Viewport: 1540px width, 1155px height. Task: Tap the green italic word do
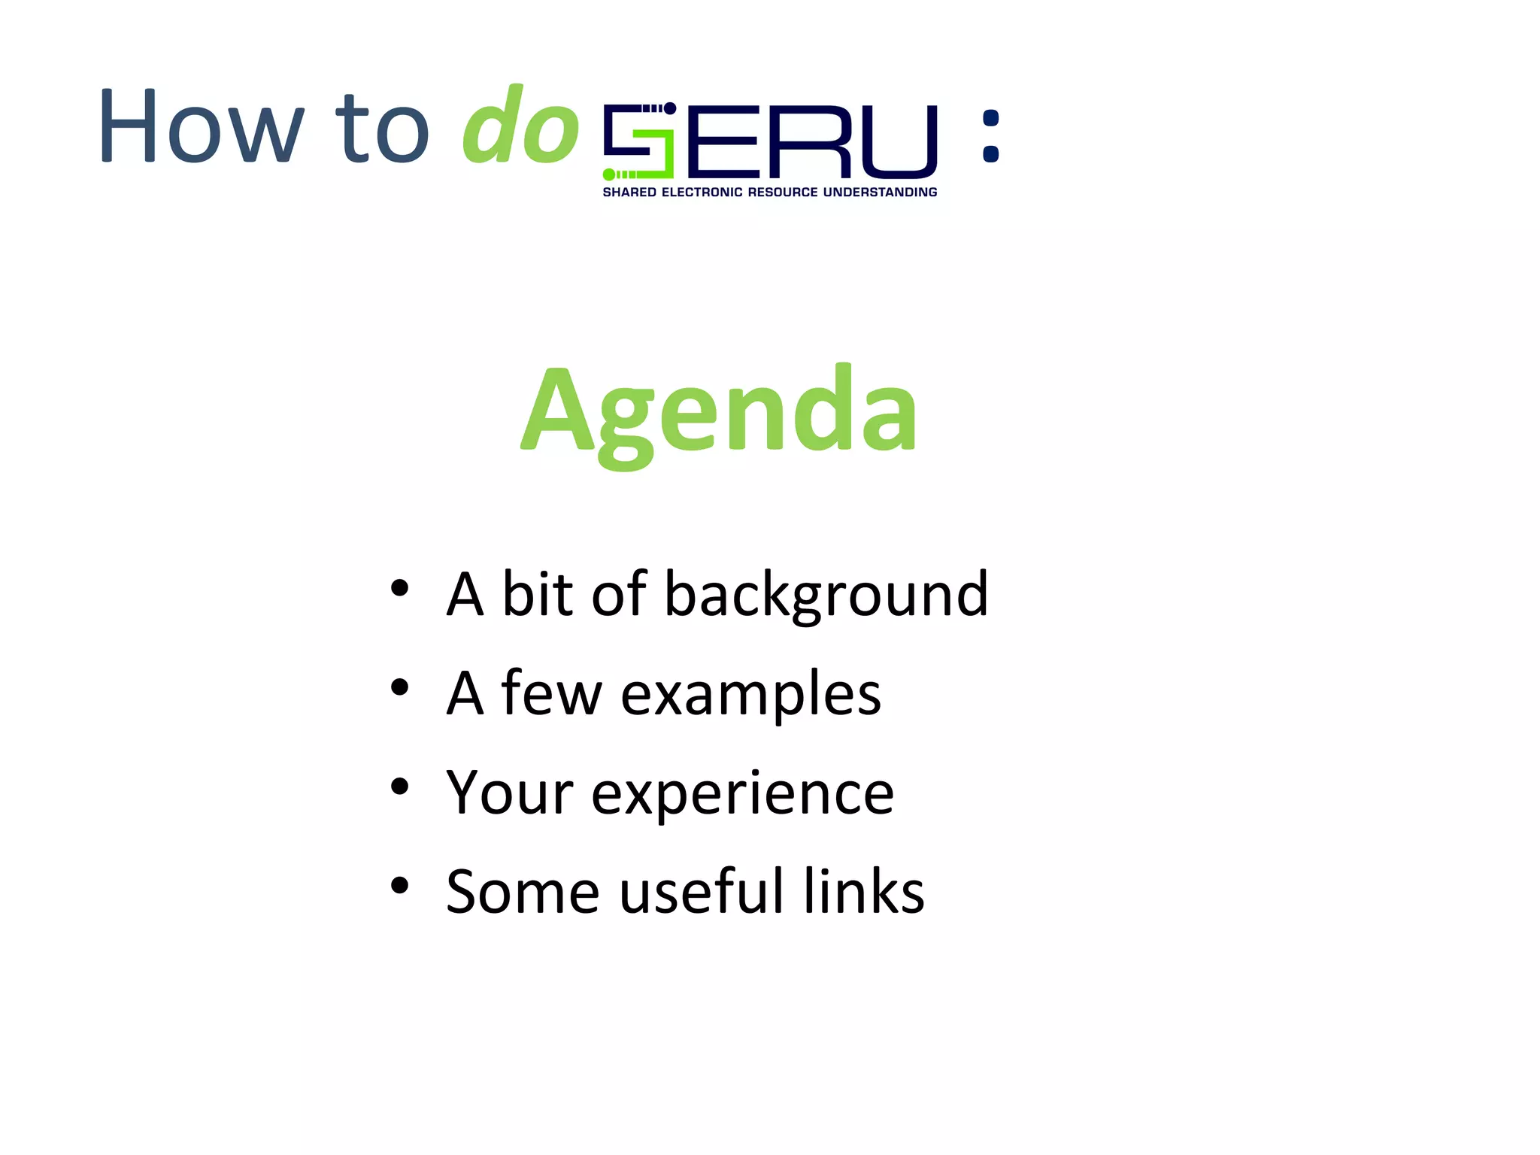(520, 126)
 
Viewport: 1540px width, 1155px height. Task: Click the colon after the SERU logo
(991, 136)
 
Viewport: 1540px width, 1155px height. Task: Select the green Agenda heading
(719, 412)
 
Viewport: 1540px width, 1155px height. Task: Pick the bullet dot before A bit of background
(399, 588)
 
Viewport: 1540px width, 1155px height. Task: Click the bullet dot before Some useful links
(399, 885)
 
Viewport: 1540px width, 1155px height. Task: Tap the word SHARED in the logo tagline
(629, 192)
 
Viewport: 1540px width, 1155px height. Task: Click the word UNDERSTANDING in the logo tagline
(880, 192)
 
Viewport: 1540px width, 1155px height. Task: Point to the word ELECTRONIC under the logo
(702, 192)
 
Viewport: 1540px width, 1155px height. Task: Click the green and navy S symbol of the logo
(639, 141)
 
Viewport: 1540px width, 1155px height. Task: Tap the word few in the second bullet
(551, 693)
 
